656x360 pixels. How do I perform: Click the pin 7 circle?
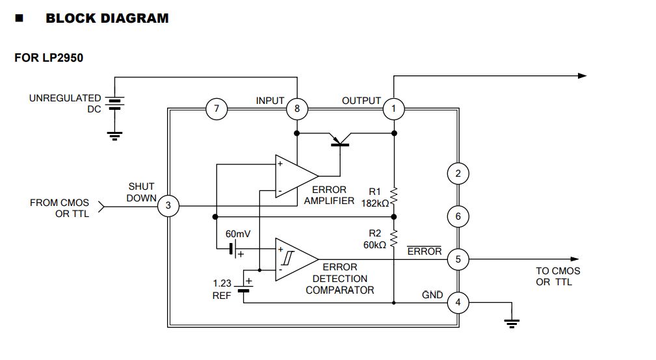216,109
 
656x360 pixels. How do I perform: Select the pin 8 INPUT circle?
297,109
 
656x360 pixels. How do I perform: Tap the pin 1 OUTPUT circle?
393,109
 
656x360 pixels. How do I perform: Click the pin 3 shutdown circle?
168,206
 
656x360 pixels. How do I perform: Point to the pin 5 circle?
458,259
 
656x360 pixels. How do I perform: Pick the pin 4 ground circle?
458,302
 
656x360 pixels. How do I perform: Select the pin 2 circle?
458,174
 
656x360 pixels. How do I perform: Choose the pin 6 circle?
458,216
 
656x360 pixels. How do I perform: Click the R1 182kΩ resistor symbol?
393,195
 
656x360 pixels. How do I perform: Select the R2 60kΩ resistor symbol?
393,235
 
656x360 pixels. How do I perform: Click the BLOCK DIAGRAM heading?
107,18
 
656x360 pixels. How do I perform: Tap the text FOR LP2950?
49,58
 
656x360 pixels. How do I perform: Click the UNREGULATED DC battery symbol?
114,104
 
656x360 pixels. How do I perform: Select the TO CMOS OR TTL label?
558,276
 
